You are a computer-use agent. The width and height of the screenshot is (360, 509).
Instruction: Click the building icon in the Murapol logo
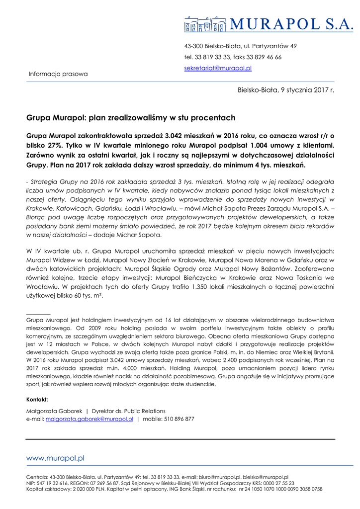click(x=205, y=23)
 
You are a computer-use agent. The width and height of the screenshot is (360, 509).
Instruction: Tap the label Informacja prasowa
click(x=58, y=74)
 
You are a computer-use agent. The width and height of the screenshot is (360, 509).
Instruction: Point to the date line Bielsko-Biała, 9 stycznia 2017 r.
click(x=286, y=90)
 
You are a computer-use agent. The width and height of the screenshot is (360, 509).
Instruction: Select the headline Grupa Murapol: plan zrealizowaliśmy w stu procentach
click(x=130, y=118)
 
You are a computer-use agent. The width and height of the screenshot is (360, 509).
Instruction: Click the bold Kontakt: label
click(x=37, y=400)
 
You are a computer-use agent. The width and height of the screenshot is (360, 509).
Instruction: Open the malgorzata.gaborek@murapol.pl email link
click(x=89, y=419)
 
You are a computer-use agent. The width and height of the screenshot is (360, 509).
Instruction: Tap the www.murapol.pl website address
click(x=55, y=458)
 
